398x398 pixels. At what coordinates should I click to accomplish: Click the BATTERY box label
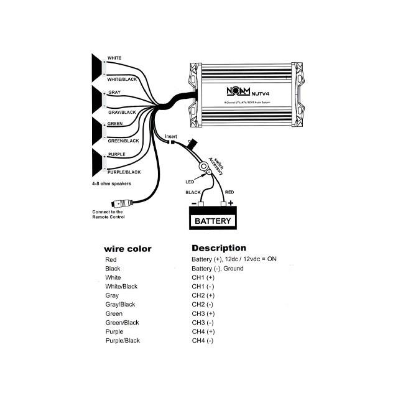point(213,221)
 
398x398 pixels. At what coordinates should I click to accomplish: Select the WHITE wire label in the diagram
point(114,58)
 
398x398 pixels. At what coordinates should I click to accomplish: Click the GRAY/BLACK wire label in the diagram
point(121,113)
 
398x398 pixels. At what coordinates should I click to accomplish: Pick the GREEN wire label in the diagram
point(114,124)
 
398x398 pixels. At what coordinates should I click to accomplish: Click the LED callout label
point(190,182)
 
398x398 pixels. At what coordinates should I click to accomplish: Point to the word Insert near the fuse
point(172,136)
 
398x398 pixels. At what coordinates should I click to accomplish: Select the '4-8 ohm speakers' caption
point(111,185)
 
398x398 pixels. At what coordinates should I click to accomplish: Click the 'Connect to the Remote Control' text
point(108,214)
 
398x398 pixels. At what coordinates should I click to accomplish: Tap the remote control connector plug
point(120,203)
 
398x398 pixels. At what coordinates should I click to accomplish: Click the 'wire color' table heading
point(127,249)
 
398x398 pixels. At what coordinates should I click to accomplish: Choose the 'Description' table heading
point(218,248)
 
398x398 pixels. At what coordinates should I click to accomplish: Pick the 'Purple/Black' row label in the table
point(123,341)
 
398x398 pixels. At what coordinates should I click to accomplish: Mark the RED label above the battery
point(229,193)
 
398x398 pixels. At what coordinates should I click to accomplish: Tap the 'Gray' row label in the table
point(113,295)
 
